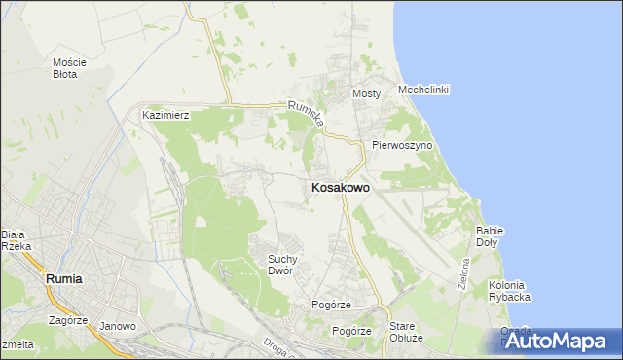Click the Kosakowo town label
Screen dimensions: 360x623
point(340,188)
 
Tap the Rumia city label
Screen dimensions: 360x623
point(64,278)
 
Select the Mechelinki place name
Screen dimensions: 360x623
point(422,90)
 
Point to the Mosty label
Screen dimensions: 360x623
point(365,94)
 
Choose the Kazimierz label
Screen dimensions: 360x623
point(165,115)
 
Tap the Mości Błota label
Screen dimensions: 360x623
point(70,68)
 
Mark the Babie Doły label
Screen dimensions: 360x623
point(489,236)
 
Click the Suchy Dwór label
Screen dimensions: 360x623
point(288,265)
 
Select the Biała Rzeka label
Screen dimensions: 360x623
point(17,240)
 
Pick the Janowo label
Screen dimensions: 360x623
point(118,326)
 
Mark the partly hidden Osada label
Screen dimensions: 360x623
point(515,330)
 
